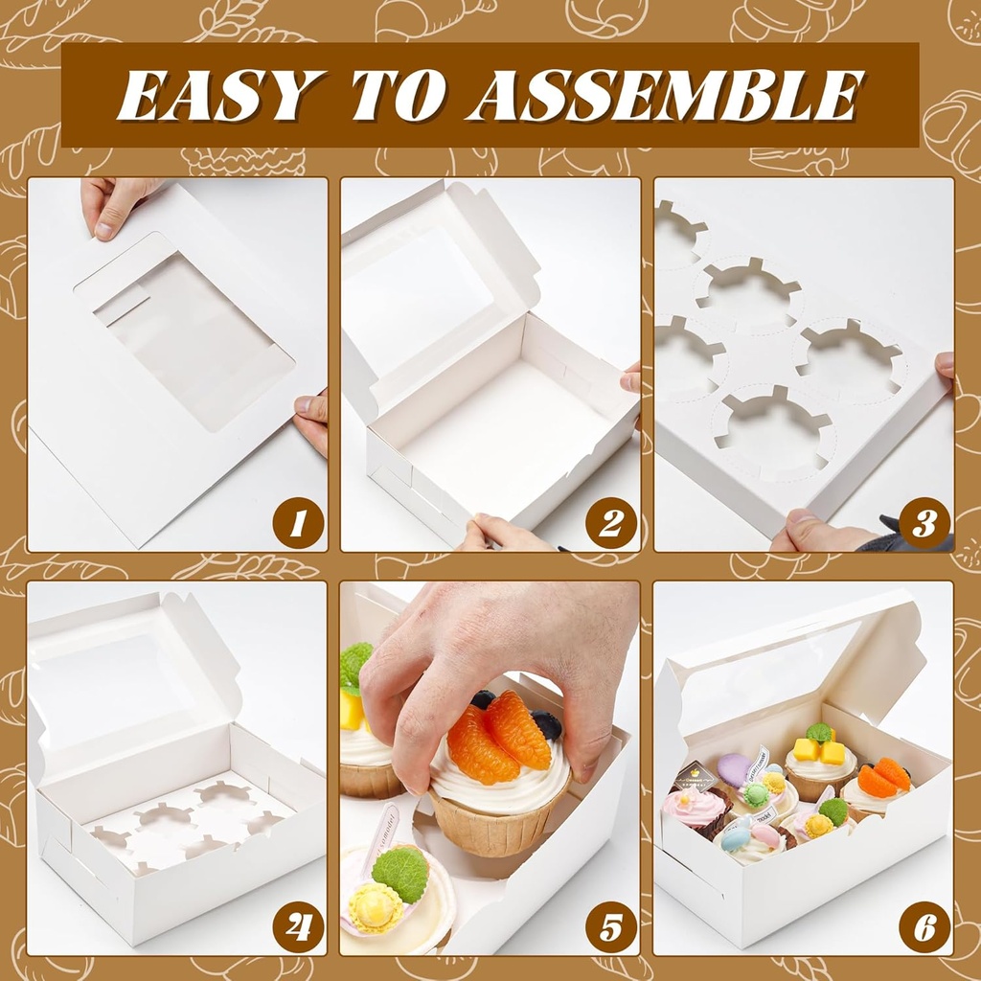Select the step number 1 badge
point(297,523)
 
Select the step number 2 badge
point(610,523)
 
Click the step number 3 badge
point(924,523)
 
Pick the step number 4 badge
point(297,927)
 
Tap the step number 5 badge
point(610,927)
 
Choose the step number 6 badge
point(924,927)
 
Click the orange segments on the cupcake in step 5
point(498,738)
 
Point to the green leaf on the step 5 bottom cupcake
point(400,873)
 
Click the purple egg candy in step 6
point(736,770)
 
